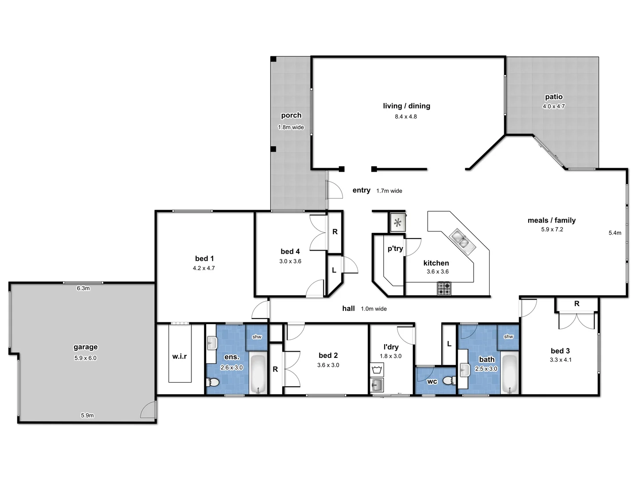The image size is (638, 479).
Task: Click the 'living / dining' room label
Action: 406,106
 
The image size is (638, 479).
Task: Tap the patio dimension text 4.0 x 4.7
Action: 553,106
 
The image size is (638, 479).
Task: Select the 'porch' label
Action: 291,115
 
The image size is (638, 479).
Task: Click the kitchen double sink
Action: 460,240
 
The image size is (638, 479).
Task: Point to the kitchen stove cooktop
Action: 444,289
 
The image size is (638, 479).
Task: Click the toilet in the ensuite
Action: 213,382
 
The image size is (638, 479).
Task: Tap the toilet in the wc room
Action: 449,381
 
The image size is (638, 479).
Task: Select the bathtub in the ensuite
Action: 258,374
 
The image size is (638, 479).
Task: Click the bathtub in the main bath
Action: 510,374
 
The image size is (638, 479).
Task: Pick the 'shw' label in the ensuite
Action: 257,337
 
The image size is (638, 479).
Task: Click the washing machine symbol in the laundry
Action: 377,369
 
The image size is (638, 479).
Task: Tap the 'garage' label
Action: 86,347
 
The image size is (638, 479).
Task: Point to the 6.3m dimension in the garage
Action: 83,288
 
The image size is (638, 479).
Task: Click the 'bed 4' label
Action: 290,251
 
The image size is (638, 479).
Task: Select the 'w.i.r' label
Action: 179,356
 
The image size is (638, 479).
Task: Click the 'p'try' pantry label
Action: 395,248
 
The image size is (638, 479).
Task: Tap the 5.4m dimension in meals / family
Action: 615,233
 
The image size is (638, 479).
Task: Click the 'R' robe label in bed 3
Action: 576,304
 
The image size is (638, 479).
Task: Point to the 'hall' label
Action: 348,308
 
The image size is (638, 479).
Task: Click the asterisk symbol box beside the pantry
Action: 397,222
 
